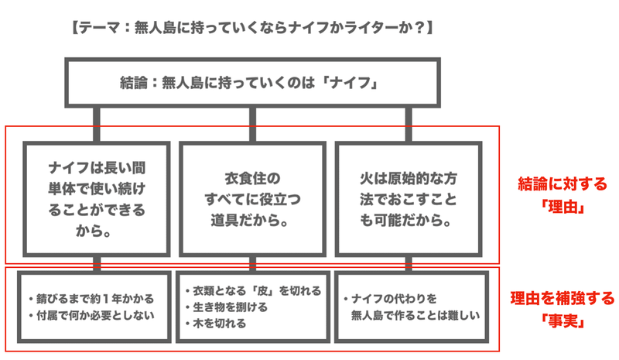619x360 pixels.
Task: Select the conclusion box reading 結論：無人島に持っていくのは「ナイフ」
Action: [252, 82]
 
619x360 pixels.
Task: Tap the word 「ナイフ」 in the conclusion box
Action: [359, 82]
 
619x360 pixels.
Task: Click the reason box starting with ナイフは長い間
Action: [95, 198]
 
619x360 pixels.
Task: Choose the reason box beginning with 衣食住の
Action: [251, 198]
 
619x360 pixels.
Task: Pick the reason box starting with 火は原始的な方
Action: [408, 198]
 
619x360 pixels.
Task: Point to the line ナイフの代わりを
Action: [392, 298]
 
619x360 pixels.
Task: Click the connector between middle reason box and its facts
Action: [251, 261]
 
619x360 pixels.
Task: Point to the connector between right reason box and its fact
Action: [408, 261]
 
